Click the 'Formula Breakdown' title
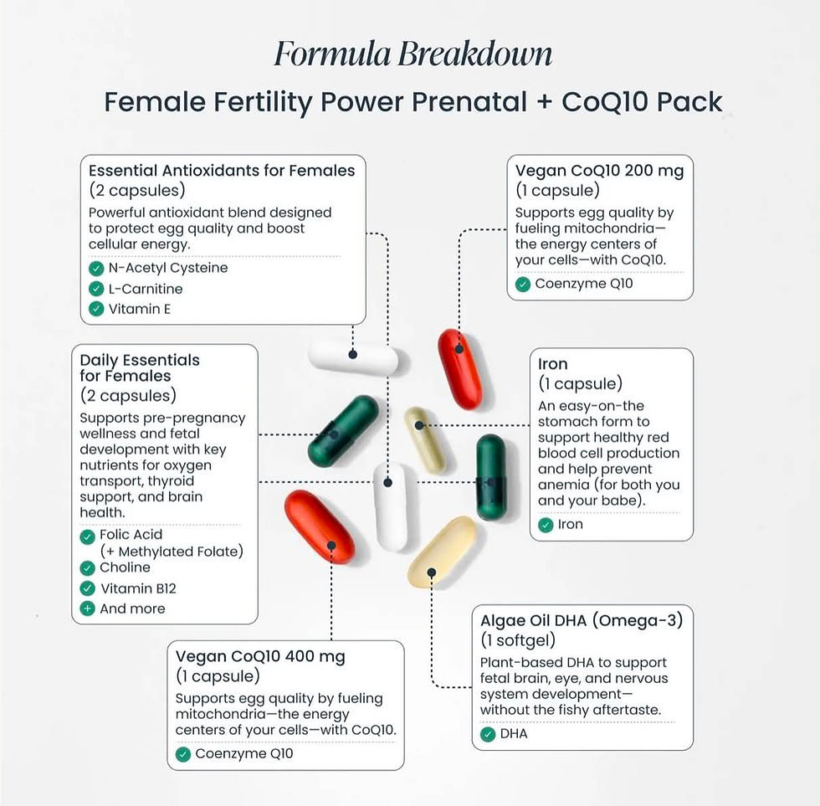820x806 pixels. click(x=413, y=54)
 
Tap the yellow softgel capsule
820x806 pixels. click(x=442, y=552)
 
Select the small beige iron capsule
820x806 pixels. click(x=425, y=440)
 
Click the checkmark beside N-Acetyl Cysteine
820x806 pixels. click(x=96, y=269)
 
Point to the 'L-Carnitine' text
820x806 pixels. click(x=146, y=289)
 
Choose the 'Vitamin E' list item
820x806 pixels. click(x=140, y=309)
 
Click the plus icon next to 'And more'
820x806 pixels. click(x=87, y=608)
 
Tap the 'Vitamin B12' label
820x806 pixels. click(x=138, y=588)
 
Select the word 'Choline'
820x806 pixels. click(x=125, y=567)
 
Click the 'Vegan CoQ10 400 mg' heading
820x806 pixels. click(x=260, y=656)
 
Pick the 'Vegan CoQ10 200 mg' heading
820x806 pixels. click(x=599, y=171)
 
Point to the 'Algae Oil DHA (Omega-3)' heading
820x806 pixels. click(x=582, y=621)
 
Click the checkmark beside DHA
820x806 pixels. click(x=488, y=734)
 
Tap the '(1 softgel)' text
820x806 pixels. click(x=518, y=640)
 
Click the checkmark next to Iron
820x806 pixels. click(x=546, y=525)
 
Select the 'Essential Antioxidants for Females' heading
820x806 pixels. click(x=222, y=171)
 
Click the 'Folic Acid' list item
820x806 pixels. click(x=131, y=535)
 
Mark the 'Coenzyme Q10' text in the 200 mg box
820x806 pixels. click(x=584, y=284)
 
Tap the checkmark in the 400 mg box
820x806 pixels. click(x=183, y=754)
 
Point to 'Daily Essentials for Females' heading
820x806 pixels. click(x=140, y=368)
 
